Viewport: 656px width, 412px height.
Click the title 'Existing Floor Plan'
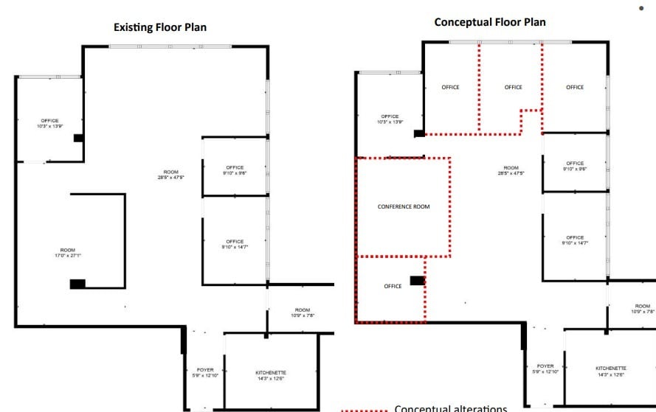159,27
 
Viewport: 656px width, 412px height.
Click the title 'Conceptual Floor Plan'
489,22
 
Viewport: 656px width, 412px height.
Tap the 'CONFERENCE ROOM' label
403,206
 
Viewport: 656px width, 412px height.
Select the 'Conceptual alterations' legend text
451,408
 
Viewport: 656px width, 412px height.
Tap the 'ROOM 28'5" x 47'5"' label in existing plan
170,175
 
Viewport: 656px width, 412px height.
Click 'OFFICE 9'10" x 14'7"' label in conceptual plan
575,240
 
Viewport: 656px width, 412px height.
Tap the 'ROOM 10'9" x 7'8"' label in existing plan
303,313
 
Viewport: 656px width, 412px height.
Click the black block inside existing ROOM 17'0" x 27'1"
77,284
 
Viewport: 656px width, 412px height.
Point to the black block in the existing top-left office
78,138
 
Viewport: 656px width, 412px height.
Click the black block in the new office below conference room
417,281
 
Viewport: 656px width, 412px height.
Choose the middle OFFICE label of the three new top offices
513,88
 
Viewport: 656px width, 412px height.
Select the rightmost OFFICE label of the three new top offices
575,88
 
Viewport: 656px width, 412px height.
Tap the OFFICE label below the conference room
393,286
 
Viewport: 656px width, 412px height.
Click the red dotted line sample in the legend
364,409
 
